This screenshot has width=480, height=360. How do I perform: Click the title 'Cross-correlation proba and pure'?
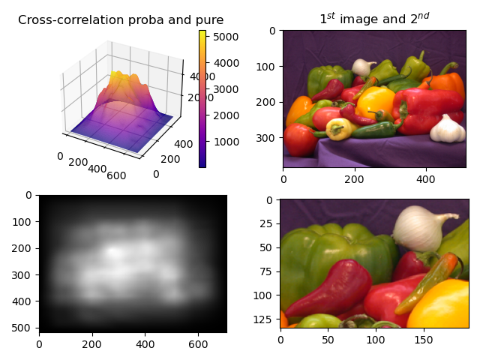[121, 20]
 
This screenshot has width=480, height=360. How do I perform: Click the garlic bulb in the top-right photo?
[448, 130]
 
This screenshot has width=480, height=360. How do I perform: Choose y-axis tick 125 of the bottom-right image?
[265, 316]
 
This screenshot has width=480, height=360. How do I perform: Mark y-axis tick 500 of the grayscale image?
[25, 328]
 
